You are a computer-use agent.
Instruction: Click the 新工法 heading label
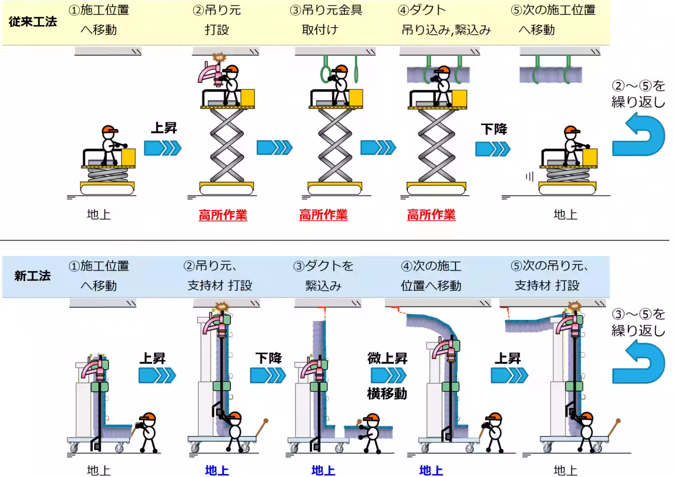click(33, 276)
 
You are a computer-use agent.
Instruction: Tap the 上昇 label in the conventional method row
click(163, 128)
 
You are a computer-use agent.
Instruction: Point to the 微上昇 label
click(387, 358)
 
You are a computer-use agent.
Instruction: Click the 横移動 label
click(387, 393)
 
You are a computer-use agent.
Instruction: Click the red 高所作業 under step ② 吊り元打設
click(222, 215)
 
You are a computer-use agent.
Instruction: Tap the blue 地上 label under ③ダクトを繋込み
click(323, 470)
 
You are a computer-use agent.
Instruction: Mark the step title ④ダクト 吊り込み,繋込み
click(446, 20)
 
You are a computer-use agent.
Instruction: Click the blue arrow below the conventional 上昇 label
click(163, 148)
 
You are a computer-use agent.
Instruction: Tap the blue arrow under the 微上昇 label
click(388, 375)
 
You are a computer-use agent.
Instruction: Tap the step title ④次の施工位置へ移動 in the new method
click(431, 275)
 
